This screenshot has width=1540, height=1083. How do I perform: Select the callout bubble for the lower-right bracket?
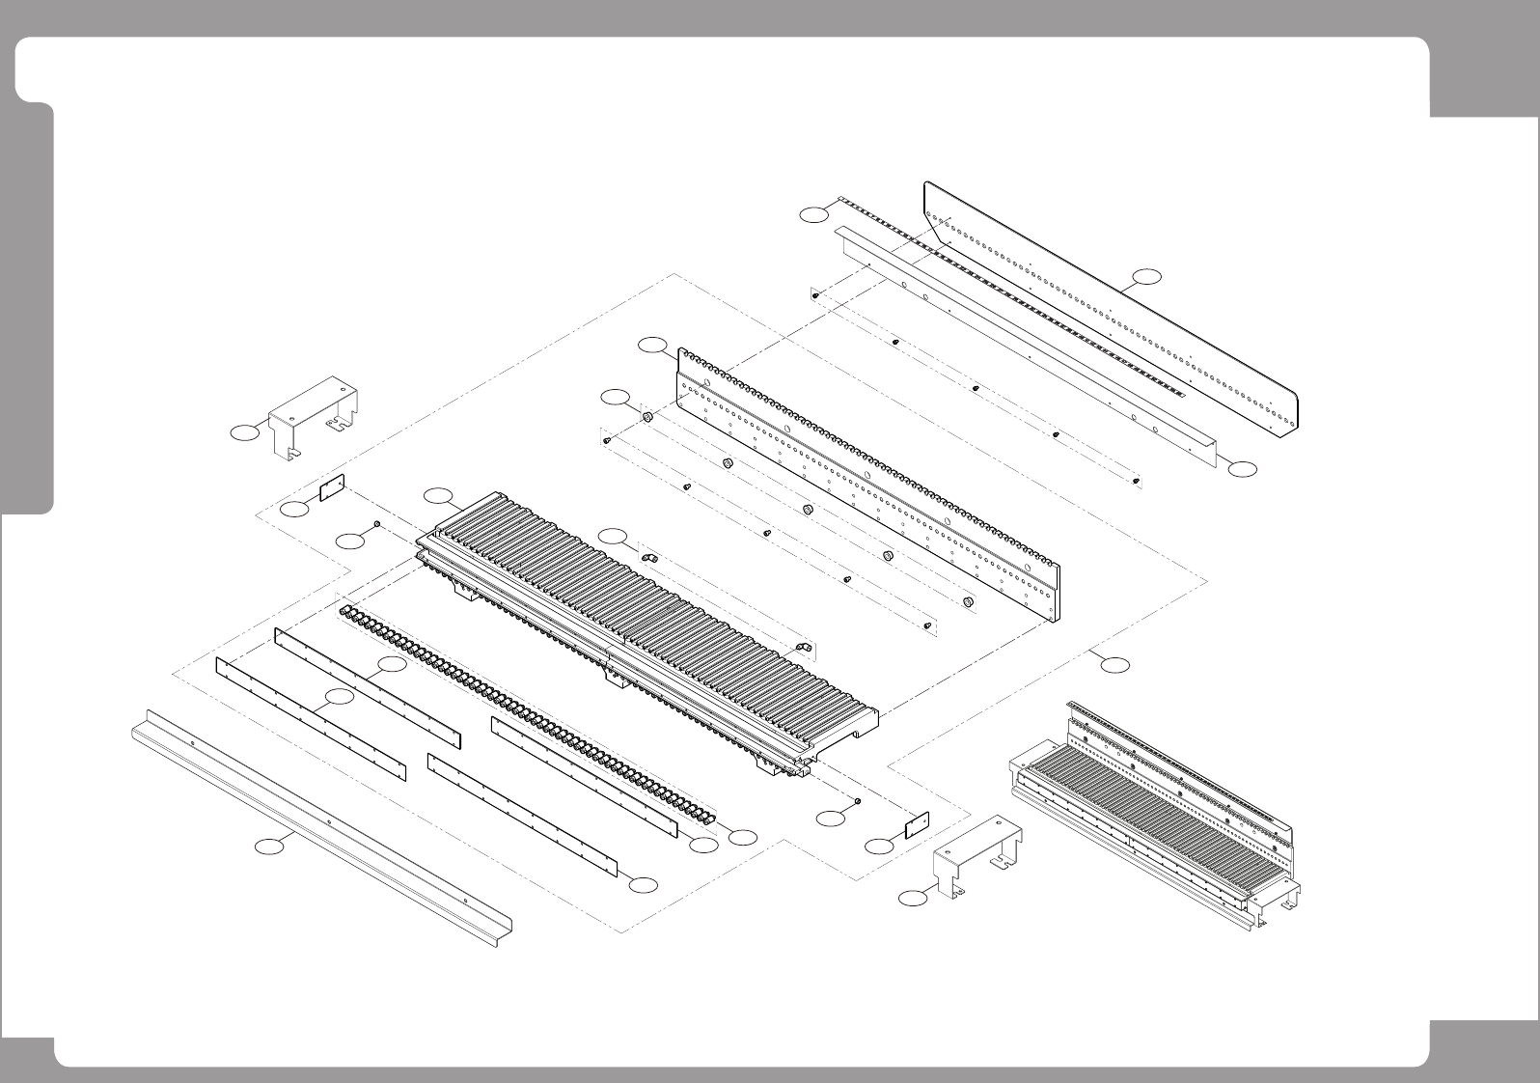(x=912, y=899)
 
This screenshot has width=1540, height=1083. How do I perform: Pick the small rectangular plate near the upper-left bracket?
(x=333, y=488)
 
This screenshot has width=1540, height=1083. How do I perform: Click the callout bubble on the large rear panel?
(x=1146, y=276)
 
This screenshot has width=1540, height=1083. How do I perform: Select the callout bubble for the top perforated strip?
(x=814, y=214)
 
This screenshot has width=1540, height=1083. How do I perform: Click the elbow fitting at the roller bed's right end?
(x=801, y=648)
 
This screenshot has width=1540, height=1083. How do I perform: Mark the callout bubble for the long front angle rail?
(x=270, y=847)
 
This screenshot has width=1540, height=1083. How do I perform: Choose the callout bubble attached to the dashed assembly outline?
(x=1115, y=664)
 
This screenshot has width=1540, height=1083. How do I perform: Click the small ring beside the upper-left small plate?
(x=376, y=524)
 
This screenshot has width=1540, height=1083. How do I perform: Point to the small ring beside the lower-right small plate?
(x=858, y=802)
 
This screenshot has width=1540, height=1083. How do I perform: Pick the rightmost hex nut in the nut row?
(x=967, y=602)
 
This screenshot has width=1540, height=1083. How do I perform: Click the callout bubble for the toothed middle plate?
(x=653, y=344)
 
